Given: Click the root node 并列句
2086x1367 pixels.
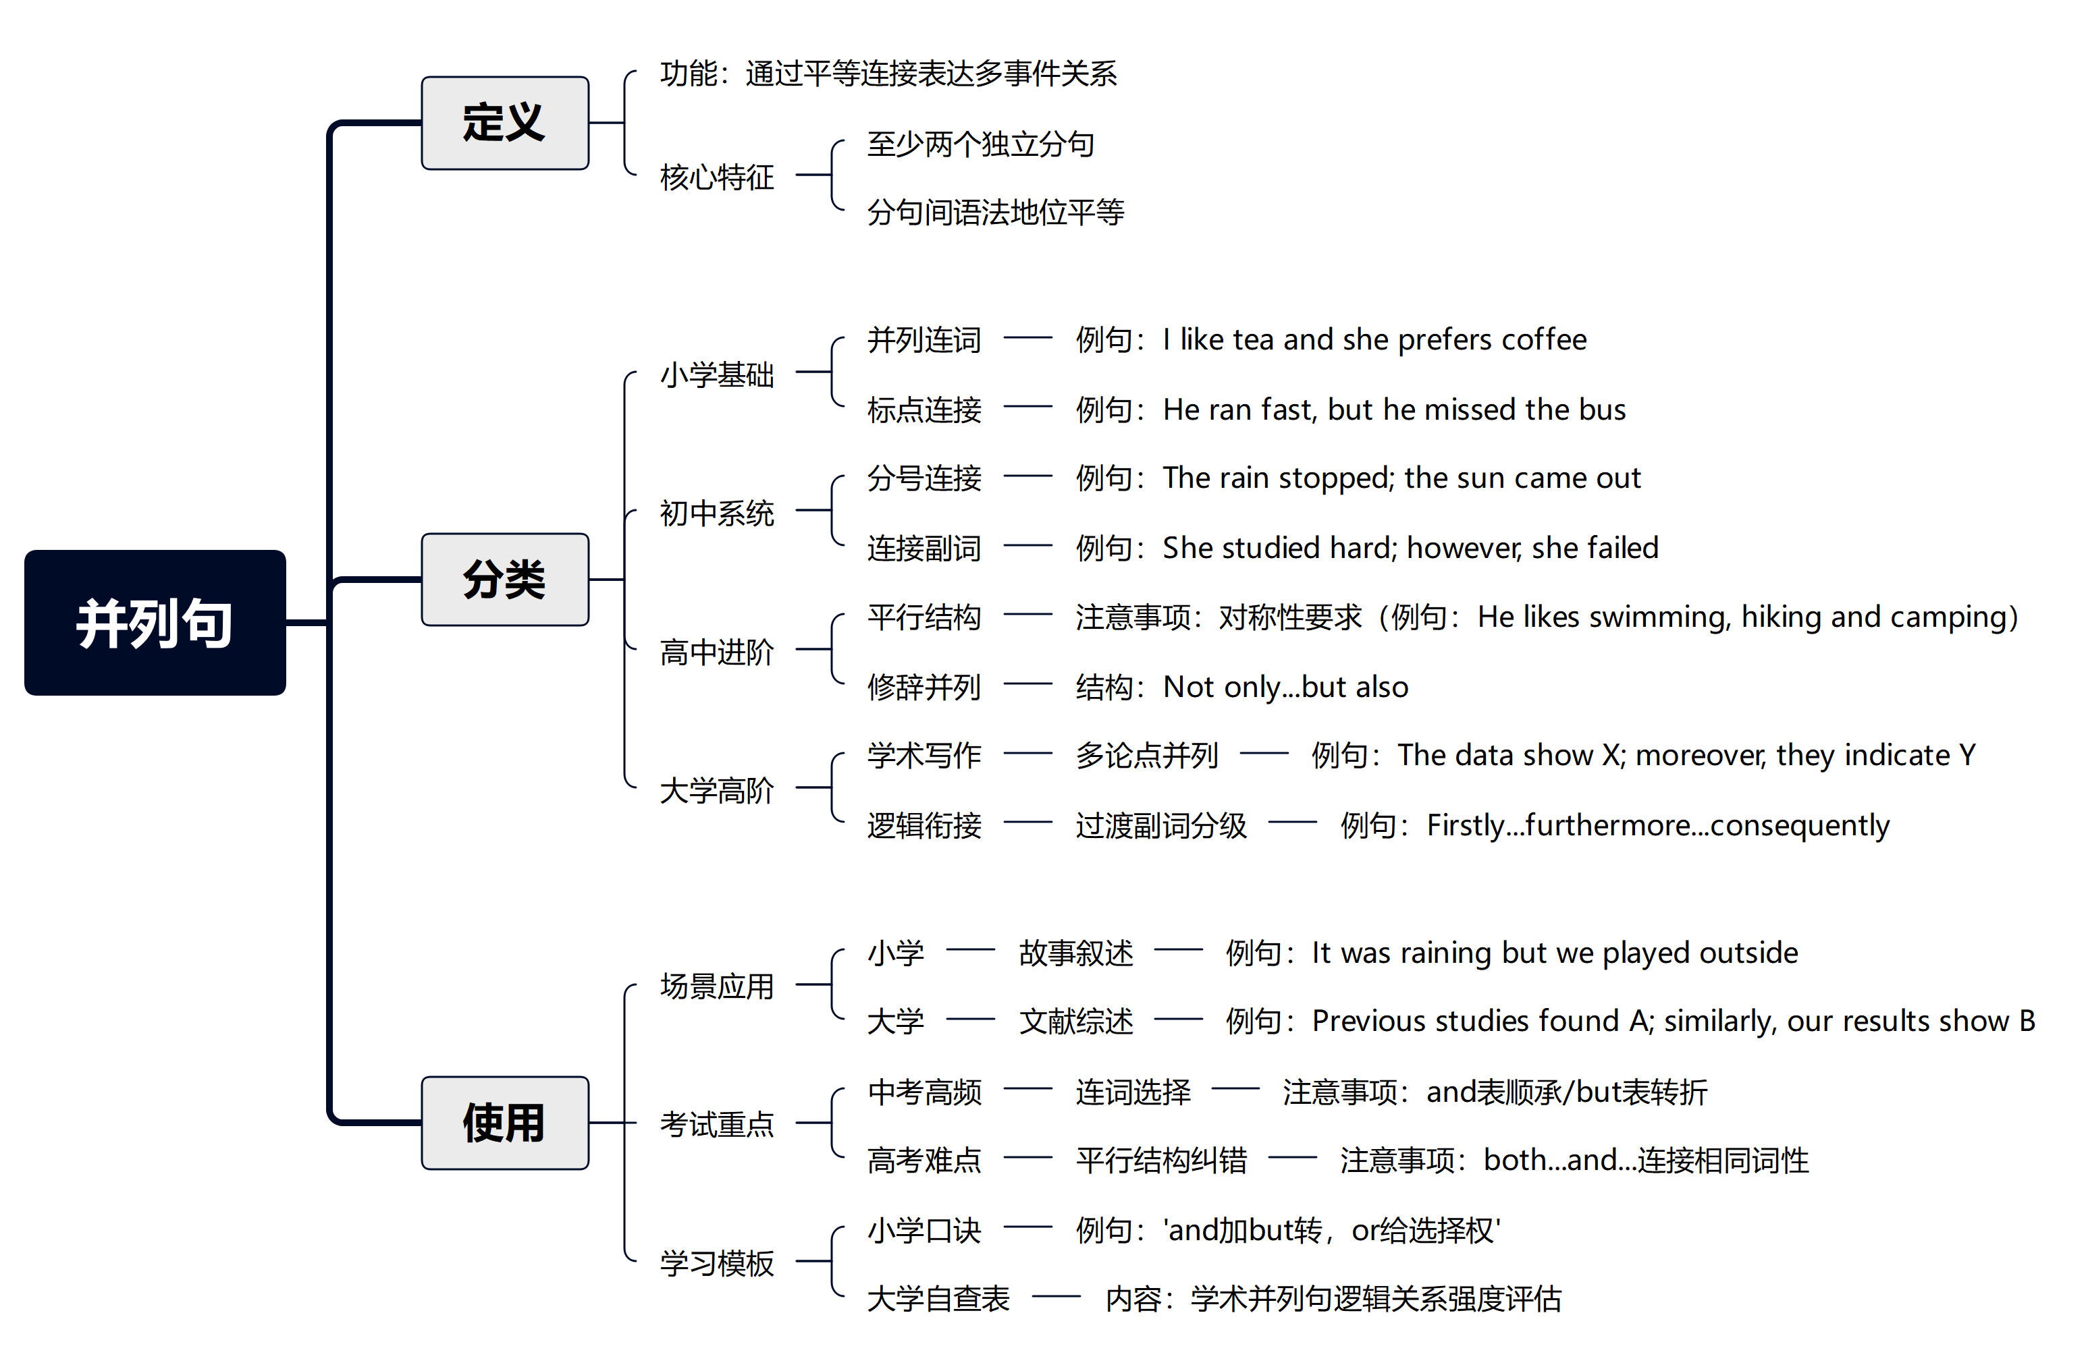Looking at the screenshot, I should point(155,623).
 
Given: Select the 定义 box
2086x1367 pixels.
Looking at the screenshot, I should point(504,123).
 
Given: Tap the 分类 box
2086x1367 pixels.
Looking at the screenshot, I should point(504,579).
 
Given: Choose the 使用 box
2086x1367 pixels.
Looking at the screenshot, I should point(504,1123).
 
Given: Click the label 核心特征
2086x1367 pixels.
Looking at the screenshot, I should point(716,177).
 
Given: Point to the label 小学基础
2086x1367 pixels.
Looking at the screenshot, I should point(716,374).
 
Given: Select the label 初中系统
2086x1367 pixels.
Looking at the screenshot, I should point(716,513).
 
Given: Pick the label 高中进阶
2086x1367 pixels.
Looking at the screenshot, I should point(716,652).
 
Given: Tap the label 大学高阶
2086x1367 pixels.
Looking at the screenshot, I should point(716,790).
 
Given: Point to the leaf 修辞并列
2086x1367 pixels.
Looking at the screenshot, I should point(924,687).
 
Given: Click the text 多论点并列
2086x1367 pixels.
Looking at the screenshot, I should point(1146,755).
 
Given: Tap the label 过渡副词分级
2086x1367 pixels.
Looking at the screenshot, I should point(1160,825).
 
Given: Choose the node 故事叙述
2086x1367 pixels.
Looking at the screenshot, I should point(1075,953).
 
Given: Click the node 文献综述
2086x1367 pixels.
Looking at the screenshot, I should point(1075,1022).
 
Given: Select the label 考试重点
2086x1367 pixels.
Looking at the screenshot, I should point(716,1124).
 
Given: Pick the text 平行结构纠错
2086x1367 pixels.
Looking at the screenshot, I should point(1160,1161).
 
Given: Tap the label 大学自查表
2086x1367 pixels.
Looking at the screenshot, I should point(938,1299).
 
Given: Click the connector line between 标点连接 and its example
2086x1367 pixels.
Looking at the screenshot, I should point(1027,407).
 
